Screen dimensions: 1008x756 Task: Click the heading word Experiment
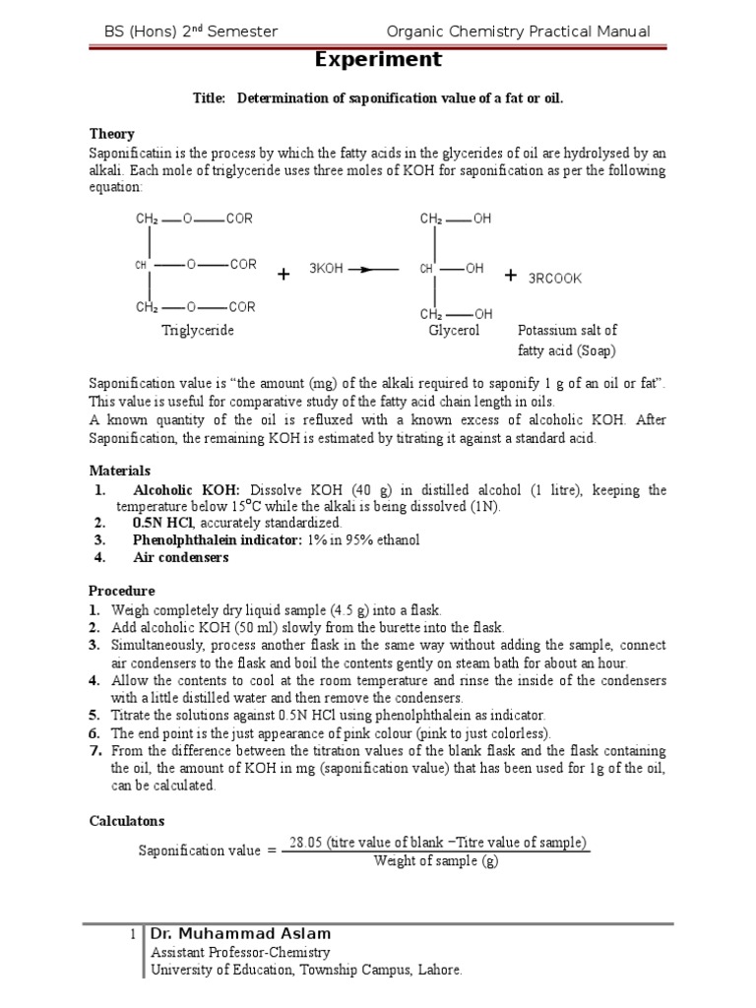pyautogui.click(x=378, y=60)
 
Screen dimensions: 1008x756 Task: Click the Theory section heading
pyautogui.click(x=111, y=134)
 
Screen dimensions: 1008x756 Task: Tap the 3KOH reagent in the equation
pyautogui.click(x=326, y=269)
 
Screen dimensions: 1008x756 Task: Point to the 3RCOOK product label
pyautogui.click(x=555, y=279)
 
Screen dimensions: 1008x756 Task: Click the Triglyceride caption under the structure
pyautogui.click(x=197, y=331)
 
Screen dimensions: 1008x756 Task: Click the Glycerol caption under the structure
pyautogui.click(x=453, y=331)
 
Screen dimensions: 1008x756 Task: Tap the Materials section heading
pyautogui.click(x=120, y=472)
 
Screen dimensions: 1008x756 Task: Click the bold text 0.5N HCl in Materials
pyautogui.click(x=163, y=523)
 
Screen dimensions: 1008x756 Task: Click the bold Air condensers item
pyautogui.click(x=180, y=557)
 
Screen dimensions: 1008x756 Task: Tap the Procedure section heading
pyautogui.click(x=122, y=592)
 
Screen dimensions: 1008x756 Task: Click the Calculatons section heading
pyautogui.click(x=127, y=820)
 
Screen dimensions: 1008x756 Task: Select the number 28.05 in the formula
pyautogui.click(x=307, y=843)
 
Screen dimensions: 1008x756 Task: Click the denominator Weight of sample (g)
pyautogui.click(x=437, y=861)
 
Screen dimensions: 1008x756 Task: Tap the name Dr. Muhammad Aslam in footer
pyautogui.click(x=240, y=933)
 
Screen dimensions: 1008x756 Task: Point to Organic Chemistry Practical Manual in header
pyautogui.click(x=519, y=31)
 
